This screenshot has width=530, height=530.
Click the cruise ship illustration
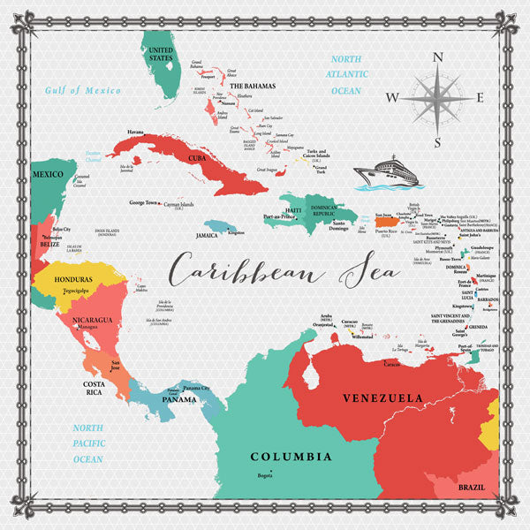coord(385,171)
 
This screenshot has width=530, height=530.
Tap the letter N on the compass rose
coord(437,59)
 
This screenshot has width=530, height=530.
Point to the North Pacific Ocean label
coord(88,443)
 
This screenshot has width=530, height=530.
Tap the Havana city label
coord(135,132)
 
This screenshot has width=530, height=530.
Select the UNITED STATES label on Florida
coord(160,55)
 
